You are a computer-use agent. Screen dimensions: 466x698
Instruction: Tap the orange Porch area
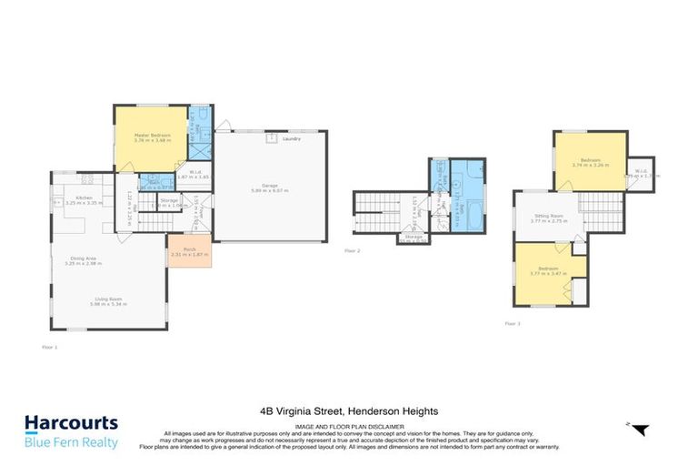coord(189,251)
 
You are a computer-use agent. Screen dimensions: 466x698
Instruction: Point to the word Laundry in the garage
coord(291,139)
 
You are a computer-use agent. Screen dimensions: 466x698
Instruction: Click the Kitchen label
coord(84,198)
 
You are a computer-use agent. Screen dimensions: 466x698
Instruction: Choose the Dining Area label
coord(85,259)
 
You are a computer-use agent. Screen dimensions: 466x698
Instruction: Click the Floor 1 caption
coord(49,347)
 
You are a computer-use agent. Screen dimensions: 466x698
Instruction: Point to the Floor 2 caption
coord(353,249)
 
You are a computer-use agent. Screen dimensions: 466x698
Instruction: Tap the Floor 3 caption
coord(513,323)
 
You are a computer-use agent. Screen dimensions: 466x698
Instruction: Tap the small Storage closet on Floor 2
coord(414,238)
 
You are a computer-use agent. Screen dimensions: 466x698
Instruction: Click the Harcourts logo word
coord(71,423)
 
